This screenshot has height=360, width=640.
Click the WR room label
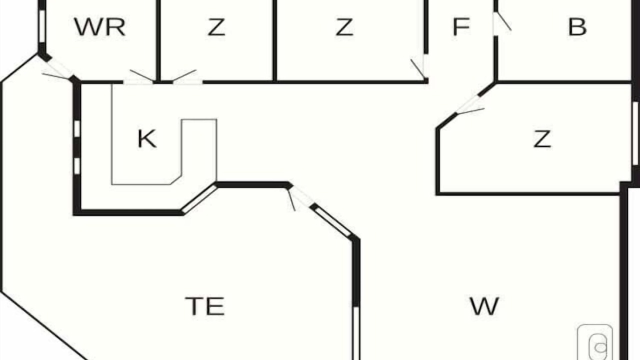tap(99, 27)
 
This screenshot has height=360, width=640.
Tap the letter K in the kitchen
tap(147, 138)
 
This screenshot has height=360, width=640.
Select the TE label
tap(204, 306)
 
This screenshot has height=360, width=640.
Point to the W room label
tap(484, 306)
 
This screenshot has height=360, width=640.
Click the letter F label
tap(461, 27)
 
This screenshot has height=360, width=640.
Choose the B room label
tap(577, 27)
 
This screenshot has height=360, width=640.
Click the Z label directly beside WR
tap(216, 27)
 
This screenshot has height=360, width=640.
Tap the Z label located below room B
tap(542, 139)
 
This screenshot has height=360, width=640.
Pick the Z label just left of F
tap(344, 27)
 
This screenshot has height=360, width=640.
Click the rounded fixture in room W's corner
tap(595, 342)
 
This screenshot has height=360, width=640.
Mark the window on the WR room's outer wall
tap(42, 26)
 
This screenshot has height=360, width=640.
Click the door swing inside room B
tap(504, 21)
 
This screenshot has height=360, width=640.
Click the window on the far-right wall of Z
tap(635, 133)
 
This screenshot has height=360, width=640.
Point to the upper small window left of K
tap(77, 128)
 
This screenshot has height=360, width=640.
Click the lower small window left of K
tap(77, 166)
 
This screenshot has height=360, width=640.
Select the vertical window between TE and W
tap(356, 333)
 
